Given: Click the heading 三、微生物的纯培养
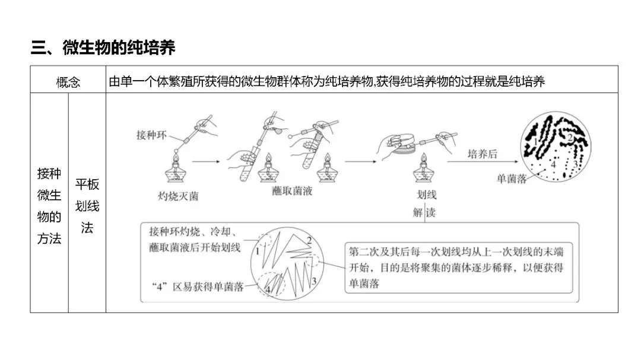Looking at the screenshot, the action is coord(103,47).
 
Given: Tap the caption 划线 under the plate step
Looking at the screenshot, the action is coord(426,195).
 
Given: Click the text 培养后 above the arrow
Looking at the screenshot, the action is coord(482,154).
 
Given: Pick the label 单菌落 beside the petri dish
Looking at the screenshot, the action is coord(511,179).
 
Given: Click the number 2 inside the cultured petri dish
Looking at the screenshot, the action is coord(569,138).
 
